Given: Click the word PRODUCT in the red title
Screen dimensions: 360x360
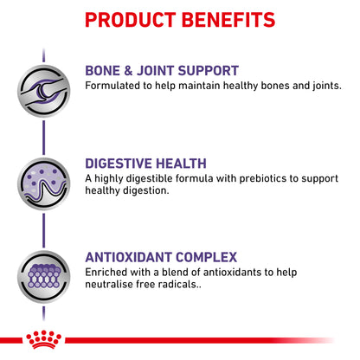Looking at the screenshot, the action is [x=131, y=20].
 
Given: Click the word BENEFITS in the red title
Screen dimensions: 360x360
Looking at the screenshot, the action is [x=228, y=20].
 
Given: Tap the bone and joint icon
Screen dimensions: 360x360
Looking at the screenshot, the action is [x=43, y=91].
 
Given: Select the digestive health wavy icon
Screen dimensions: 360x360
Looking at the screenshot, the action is [x=43, y=183].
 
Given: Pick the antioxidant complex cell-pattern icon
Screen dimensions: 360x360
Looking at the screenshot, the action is [x=43, y=277].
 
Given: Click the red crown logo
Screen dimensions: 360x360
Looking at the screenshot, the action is [x=43, y=339].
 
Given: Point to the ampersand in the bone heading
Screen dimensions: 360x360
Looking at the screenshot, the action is [x=128, y=71].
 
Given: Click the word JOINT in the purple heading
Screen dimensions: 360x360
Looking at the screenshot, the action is [x=156, y=71].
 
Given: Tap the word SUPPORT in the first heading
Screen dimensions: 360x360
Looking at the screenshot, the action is [x=209, y=71].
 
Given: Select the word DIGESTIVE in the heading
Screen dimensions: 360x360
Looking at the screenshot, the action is [x=119, y=164].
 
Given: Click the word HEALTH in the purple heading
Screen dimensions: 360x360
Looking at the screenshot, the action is [x=181, y=164].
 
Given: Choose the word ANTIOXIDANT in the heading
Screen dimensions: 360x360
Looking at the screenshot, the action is [x=128, y=257].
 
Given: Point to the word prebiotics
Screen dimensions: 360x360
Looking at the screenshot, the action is [x=263, y=178].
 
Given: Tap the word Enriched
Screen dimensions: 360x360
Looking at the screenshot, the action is [x=106, y=272].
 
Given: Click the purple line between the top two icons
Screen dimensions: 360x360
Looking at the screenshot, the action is [x=43, y=138].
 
